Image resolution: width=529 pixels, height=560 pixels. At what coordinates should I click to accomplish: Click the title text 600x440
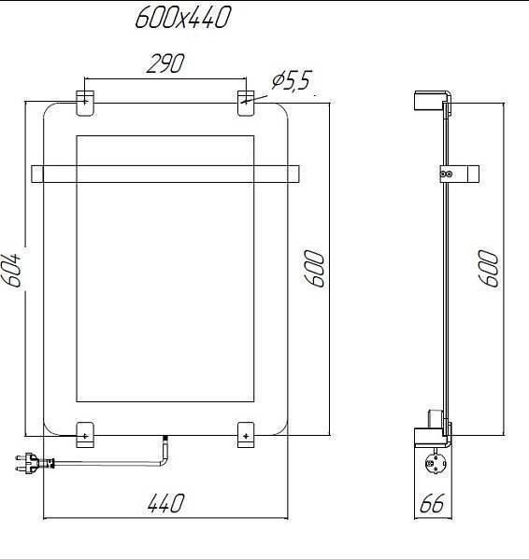tap(182, 18)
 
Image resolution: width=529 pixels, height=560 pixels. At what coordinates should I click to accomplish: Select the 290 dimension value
tap(164, 63)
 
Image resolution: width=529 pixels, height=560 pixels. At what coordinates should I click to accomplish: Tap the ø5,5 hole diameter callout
tap(291, 82)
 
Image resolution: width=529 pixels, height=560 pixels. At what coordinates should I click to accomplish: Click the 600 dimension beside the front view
tap(318, 269)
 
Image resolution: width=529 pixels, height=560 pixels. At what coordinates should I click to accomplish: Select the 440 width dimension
tap(164, 504)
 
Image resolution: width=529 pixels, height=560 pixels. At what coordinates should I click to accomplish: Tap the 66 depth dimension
tap(432, 504)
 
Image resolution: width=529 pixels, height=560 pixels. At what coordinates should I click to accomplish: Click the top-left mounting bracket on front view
tap(84, 103)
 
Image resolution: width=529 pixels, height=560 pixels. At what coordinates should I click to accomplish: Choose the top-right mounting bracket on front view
tap(245, 103)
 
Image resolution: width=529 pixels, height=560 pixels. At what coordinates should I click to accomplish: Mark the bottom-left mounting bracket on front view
tap(84, 434)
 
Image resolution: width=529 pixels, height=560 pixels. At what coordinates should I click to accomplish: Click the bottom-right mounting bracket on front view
tap(245, 434)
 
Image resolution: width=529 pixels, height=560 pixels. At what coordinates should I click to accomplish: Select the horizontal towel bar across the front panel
tap(165, 175)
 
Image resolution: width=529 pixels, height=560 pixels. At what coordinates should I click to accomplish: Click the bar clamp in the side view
tap(457, 174)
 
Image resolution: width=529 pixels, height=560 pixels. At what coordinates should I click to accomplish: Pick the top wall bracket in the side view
tap(433, 101)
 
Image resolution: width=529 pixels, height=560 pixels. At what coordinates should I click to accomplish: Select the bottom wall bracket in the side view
tap(433, 432)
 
